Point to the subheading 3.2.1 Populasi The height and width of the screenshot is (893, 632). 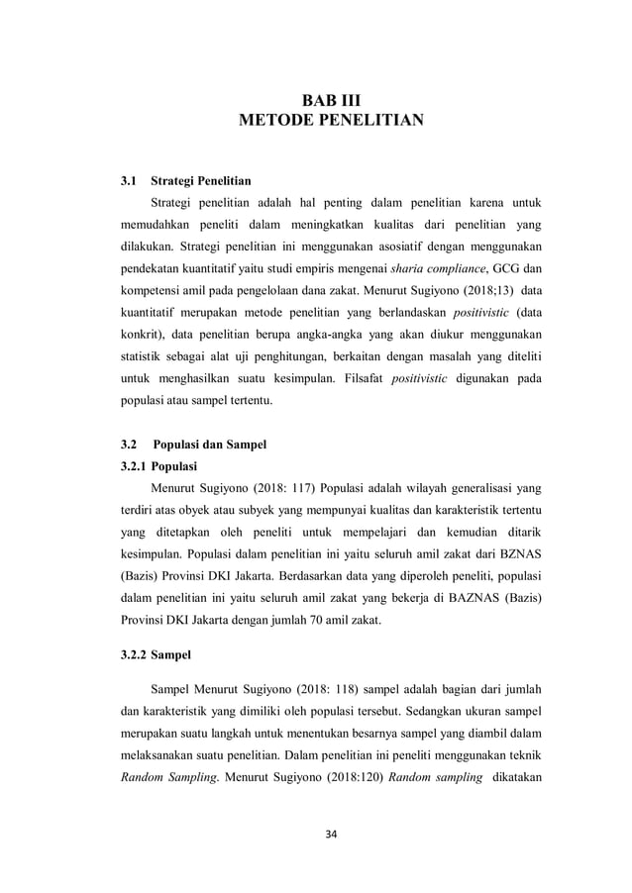[158, 465]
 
